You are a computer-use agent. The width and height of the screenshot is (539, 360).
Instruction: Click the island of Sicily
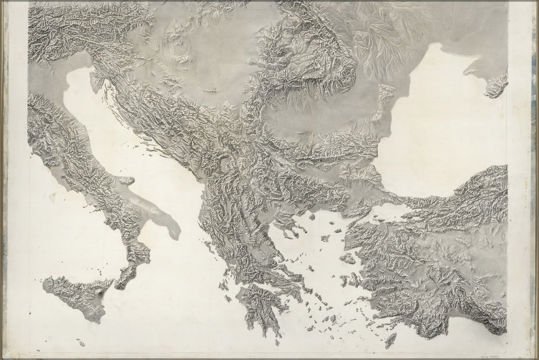[75, 294]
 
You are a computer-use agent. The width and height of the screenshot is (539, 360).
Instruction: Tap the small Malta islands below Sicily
[81, 342]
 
